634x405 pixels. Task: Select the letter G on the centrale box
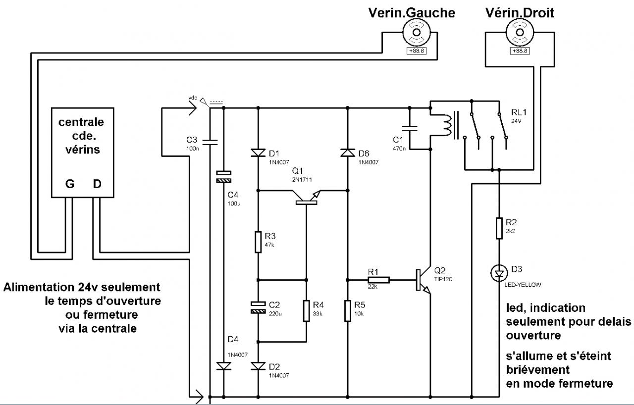pos(70,184)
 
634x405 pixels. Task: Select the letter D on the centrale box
pos(98,184)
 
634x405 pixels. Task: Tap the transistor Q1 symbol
pos(308,197)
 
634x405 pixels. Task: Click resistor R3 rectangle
pos(258,242)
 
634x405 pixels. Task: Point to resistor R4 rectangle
pos(307,310)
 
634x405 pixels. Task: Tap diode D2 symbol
pos(258,366)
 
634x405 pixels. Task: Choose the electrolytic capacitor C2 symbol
pos(258,307)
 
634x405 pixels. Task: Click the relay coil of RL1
pos(447,126)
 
